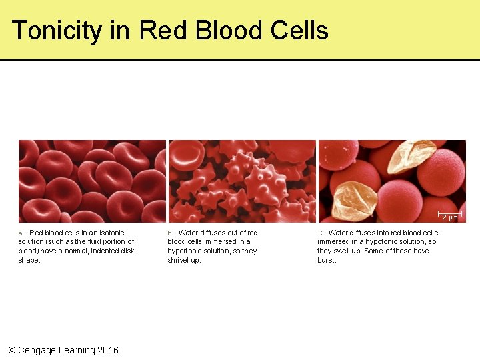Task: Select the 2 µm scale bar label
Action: [451, 218]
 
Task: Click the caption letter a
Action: [20, 233]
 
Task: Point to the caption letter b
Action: [169, 233]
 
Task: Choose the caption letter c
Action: [320, 233]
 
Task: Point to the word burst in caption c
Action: [327, 261]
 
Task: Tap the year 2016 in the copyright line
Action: [108, 350]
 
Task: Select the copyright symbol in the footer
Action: [11, 350]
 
